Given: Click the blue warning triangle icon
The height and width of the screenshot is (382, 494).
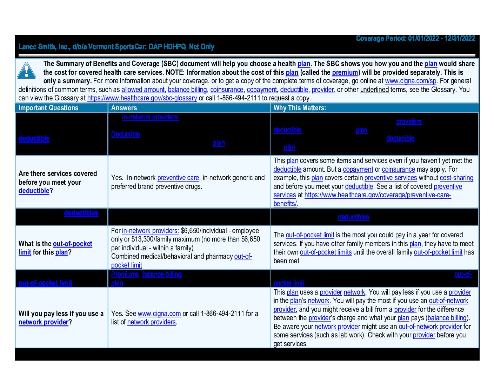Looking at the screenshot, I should click(x=26, y=70).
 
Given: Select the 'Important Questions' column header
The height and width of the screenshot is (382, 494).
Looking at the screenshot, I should click(x=48, y=108).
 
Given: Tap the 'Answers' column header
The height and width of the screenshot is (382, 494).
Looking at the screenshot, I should click(x=124, y=108).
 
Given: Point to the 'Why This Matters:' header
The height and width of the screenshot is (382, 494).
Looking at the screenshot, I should click(x=300, y=108).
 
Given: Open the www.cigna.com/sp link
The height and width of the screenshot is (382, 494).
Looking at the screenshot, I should click(x=410, y=81).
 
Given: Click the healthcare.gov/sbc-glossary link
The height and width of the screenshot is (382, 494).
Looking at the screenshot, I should click(x=142, y=98).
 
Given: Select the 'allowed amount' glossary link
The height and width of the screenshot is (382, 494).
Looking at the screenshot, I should click(x=143, y=90).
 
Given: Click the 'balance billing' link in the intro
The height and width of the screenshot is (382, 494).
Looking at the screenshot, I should click(x=187, y=90).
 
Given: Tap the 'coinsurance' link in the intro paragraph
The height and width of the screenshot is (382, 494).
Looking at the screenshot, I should click(x=227, y=90).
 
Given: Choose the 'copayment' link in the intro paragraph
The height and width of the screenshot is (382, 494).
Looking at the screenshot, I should click(x=262, y=90).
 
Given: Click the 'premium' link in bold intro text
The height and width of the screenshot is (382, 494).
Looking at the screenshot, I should click(x=345, y=72).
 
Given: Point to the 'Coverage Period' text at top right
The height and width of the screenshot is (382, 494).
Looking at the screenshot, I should click(x=415, y=38).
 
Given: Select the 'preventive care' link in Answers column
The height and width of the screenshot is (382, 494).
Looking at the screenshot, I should click(x=178, y=178).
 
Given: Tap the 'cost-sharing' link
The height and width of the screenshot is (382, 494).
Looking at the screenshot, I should click(x=456, y=178).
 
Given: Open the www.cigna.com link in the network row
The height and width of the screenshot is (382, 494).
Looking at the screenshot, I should click(x=159, y=314).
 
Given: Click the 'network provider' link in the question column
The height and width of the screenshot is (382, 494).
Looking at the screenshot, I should click(x=44, y=322).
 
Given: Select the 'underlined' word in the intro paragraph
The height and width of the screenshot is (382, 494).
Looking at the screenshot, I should click(x=374, y=90).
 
